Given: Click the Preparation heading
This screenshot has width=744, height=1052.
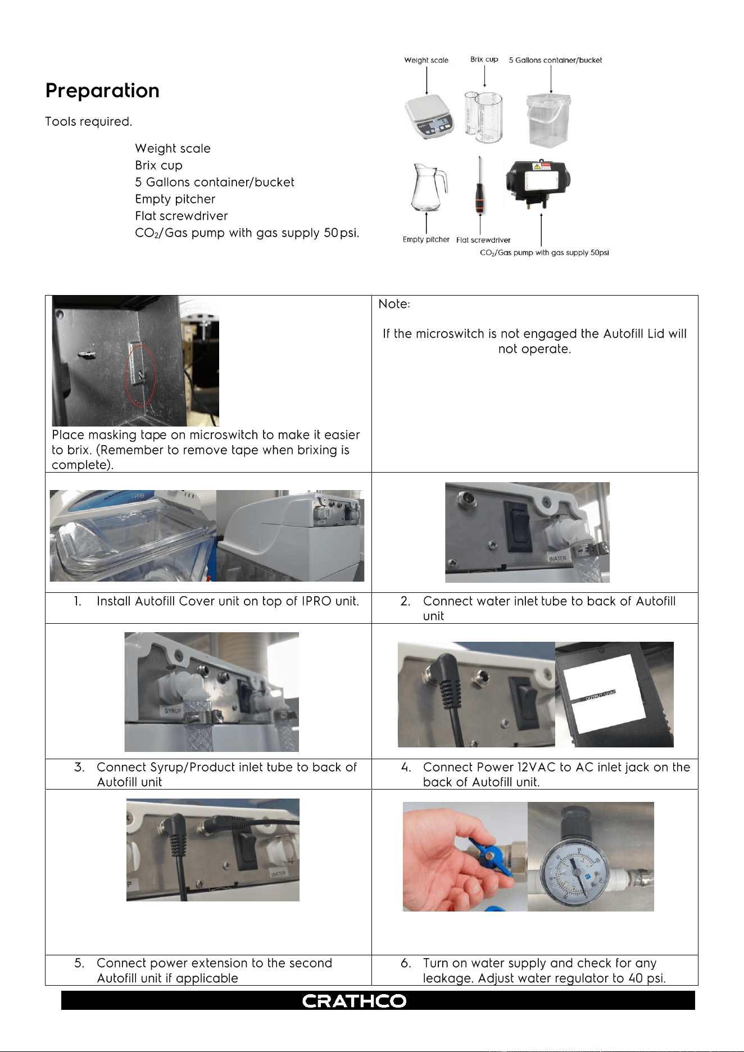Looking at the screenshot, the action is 102,90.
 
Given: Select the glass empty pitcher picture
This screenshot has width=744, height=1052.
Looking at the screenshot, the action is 428,187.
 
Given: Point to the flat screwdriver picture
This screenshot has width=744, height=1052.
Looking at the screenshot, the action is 480,185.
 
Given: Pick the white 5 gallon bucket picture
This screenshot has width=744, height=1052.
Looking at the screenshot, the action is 548,120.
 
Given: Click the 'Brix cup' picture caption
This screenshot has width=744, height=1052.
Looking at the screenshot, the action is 484,59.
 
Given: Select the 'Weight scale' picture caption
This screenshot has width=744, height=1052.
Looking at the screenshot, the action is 427,60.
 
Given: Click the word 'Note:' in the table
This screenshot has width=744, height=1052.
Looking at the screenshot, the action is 394,304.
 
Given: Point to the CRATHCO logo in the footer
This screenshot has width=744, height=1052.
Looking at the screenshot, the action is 354,1001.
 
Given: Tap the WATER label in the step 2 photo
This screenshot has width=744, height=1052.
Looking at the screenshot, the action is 557,559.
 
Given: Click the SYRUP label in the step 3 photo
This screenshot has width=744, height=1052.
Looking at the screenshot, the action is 173,711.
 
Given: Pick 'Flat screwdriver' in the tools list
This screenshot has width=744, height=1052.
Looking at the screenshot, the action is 182,216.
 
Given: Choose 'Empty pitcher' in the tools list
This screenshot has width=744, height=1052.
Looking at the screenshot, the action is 175,199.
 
